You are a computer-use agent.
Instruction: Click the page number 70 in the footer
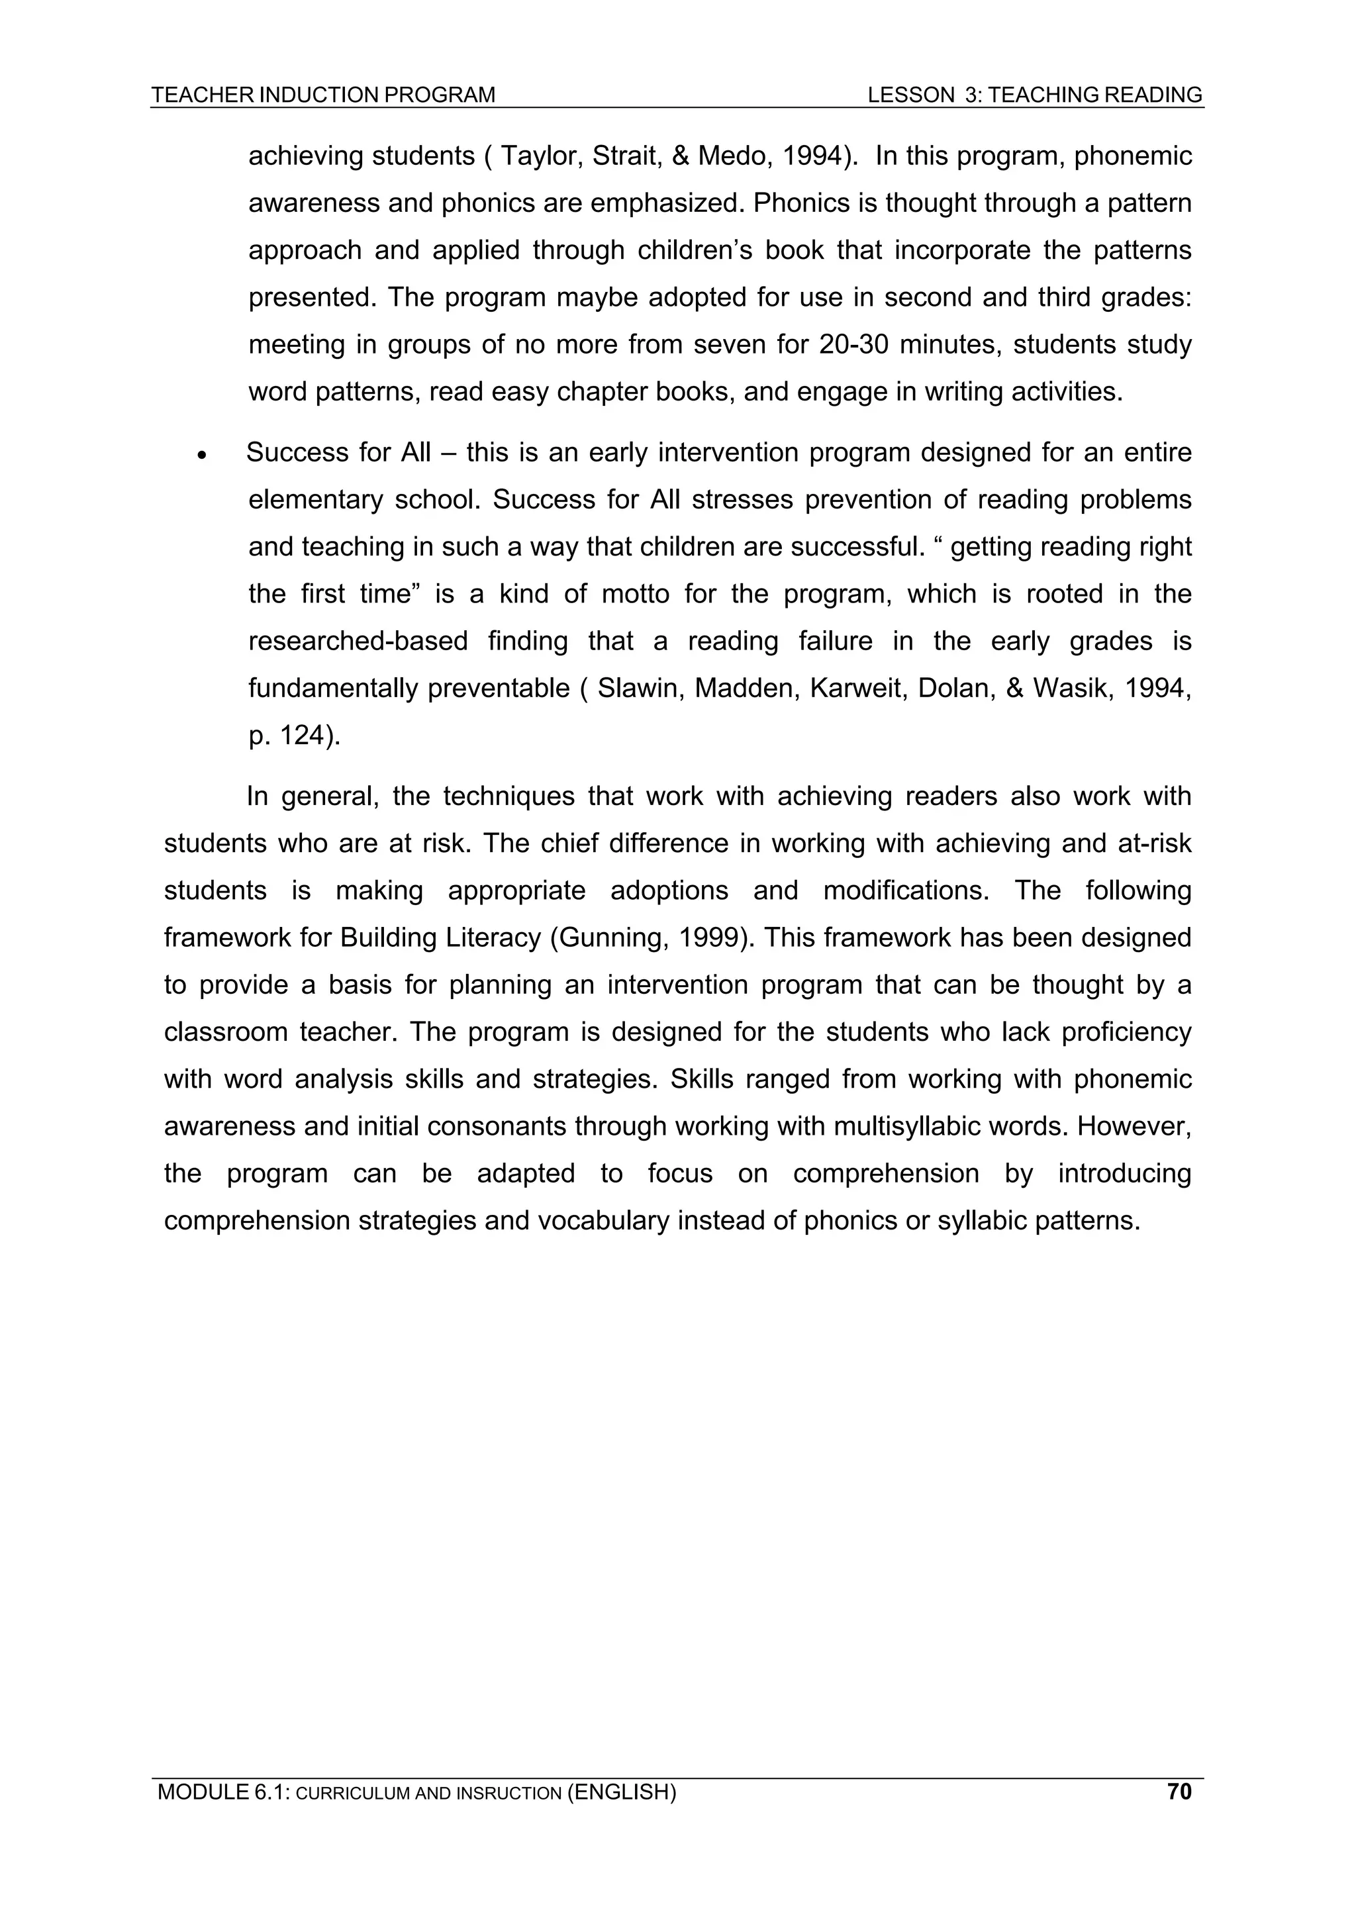click(x=1179, y=1791)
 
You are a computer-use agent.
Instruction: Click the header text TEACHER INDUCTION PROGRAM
click(x=323, y=95)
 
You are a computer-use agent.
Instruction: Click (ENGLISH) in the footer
click(x=622, y=1792)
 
